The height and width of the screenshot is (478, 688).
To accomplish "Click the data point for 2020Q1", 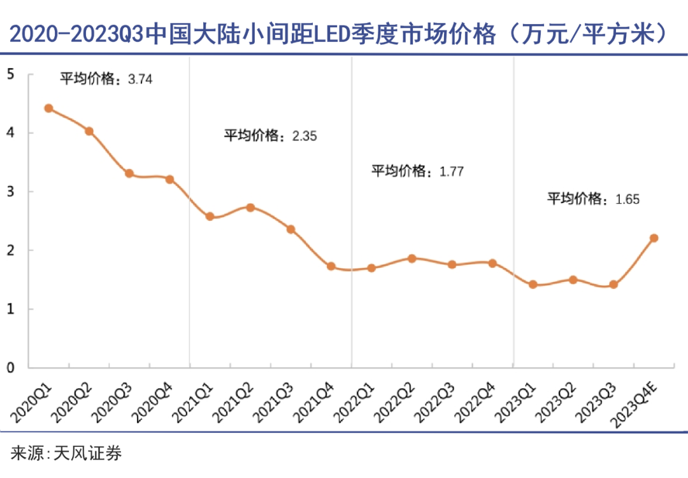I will [x=48, y=108].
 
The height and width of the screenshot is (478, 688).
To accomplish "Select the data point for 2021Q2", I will [x=250, y=207].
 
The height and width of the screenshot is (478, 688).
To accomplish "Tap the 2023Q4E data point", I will [x=654, y=238].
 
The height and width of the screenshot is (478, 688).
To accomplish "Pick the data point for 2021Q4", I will [x=331, y=266].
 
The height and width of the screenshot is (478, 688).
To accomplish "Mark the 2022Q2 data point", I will [x=412, y=258].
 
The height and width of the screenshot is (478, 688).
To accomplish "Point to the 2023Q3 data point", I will [x=613, y=285].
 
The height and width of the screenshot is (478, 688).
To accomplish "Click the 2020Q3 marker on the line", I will [x=129, y=173].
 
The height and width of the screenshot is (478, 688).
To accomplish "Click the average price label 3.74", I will [x=141, y=80].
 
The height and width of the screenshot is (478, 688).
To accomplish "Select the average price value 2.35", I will [x=304, y=136].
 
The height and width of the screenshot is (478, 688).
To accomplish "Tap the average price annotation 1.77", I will [x=452, y=171].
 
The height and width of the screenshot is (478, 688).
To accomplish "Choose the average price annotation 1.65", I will [x=627, y=199].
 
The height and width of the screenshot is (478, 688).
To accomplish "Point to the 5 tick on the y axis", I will [x=10, y=74].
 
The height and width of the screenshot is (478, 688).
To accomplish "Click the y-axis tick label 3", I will [x=10, y=192].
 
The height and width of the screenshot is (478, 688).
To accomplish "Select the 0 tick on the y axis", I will [x=10, y=367].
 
